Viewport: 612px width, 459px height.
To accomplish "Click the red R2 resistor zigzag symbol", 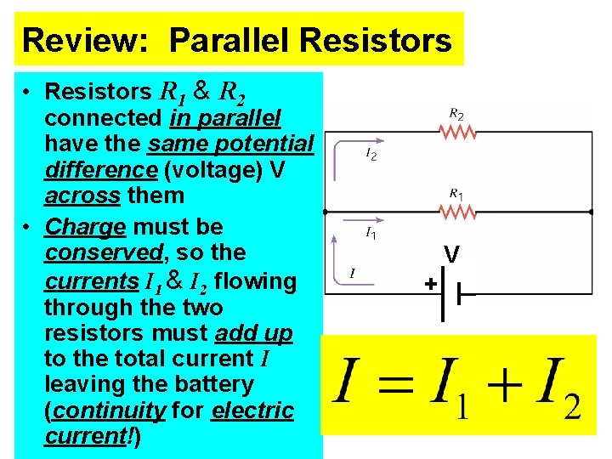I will pyautogui.click(x=457, y=131).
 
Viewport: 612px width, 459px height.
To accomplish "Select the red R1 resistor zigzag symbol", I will pyautogui.click(x=457, y=210).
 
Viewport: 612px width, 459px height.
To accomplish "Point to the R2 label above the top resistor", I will pyautogui.click(x=456, y=113).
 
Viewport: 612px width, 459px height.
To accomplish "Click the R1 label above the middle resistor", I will pyautogui.click(x=456, y=194).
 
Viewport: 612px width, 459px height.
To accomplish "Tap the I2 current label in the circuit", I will pyautogui.click(x=371, y=155).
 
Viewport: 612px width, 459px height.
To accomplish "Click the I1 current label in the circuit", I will pyautogui.click(x=371, y=232).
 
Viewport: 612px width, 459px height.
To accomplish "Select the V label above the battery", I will pyautogui.click(x=451, y=254).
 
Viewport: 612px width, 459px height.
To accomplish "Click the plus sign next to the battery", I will pyautogui.click(x=431, y=285).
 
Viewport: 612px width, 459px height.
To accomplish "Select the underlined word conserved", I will pyautogui.click(x=102, y=253).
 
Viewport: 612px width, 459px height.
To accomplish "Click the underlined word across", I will pyautogui.click(x=83, y=195).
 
